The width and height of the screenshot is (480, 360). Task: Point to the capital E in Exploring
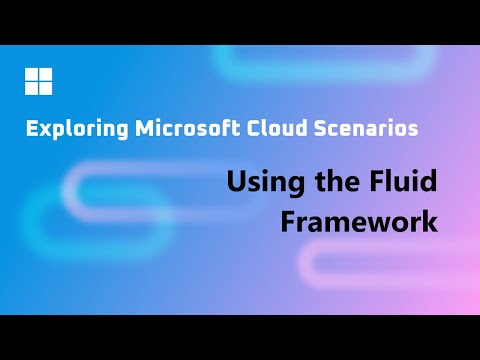[32, 128]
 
